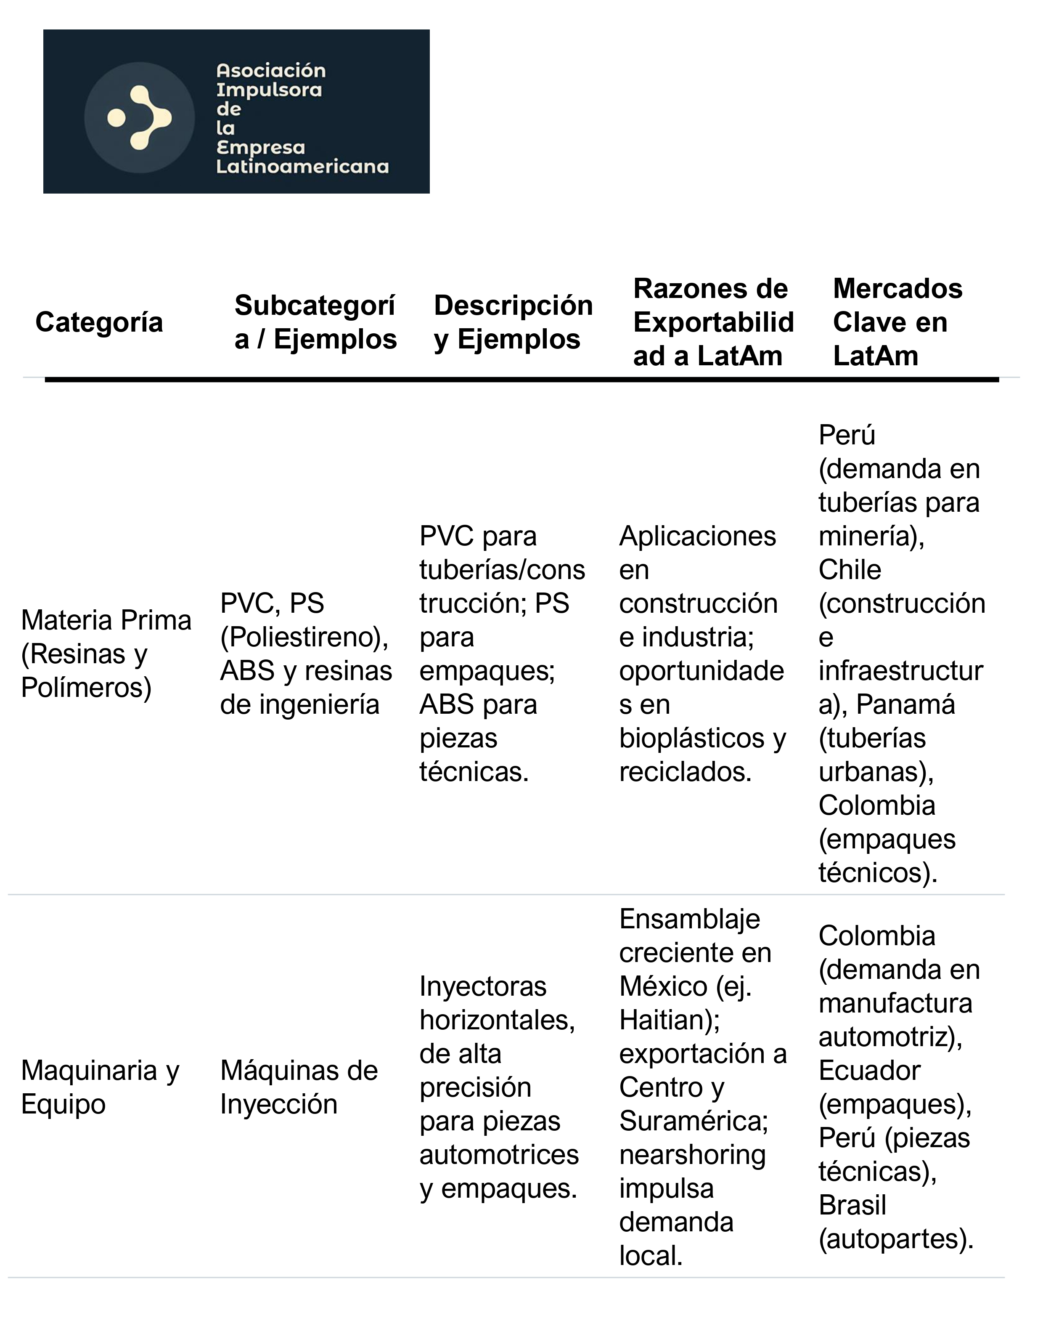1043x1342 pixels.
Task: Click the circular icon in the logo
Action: [x=140, y=117]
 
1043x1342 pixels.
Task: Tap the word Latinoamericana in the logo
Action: [x=302, y=167]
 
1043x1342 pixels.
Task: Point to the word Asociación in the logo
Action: [x=271, y=71]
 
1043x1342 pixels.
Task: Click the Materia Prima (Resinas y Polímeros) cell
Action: [x=106, y=654]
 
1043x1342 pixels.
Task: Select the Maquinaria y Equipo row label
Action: [x=100, y=1087]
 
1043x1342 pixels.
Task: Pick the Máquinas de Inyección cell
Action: [x=299, y=1087]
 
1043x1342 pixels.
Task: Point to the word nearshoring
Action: [x=692, y=1155]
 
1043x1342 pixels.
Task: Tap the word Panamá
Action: [x=905, y=704]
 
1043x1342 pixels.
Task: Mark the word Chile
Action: [x=850, y=570]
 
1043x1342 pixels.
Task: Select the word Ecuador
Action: [x=869, y=1071]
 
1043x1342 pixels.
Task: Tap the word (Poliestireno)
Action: [x=304, y=637]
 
